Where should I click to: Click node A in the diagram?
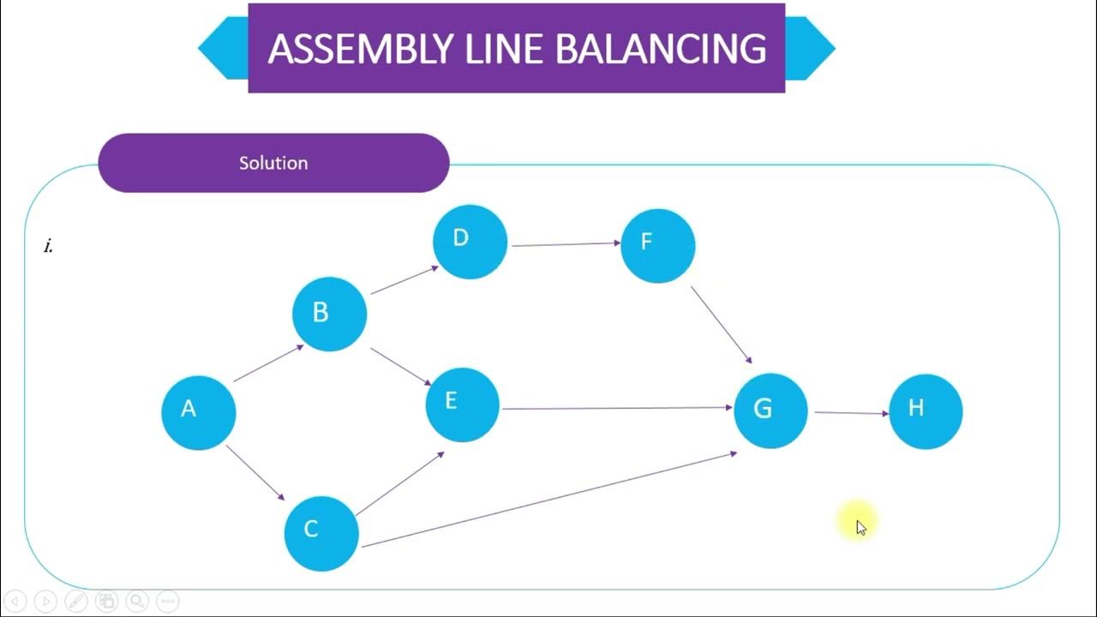coord(198,411)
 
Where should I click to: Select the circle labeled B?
coord(329,314)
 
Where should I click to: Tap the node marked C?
coord(321,532)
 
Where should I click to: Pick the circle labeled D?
coord(470,242)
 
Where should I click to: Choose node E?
coord(462,404)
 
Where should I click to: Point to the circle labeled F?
coord(657,245)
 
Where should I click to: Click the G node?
coord(770,410)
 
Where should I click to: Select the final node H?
coord(926,410)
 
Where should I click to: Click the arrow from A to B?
coord(268,362)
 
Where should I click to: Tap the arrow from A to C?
coord(255,473)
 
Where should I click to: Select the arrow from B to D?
coord(405,279)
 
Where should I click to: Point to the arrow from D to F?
coord(566,244)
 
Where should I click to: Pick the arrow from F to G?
coord(722,325)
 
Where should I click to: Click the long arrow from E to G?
coord(617,408)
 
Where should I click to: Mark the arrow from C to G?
coord(548,499)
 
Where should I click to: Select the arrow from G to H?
coord(851,413)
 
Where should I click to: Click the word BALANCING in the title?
coord(660,49)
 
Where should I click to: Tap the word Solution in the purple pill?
coord(273,163)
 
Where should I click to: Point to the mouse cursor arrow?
coord(860,527)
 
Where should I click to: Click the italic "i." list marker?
coord(49,247)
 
